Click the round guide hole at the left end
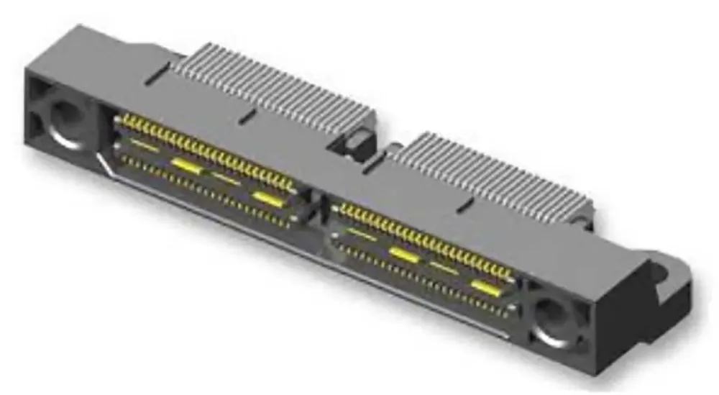[x=65, y=119]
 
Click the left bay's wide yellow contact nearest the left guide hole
[x=185, y=164]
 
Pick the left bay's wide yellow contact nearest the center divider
[x=267, y=197]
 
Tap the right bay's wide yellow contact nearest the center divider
[x=403, y=253]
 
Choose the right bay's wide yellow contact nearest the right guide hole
[x=486, y=288]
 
